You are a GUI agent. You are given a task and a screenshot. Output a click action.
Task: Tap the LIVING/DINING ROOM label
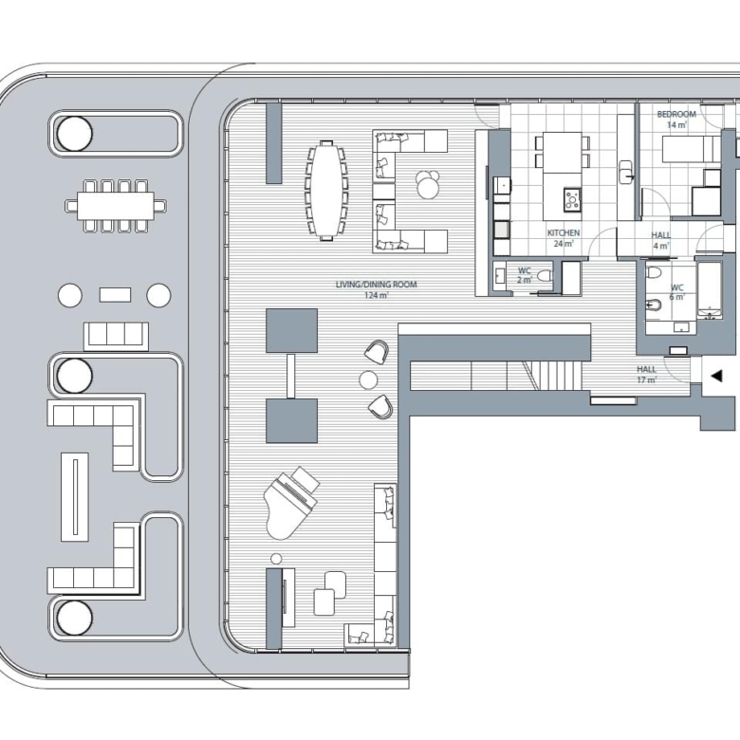coord(376,285)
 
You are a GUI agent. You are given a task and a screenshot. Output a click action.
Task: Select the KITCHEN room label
coord(564,233)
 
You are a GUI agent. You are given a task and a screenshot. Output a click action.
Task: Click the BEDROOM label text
coord(676,114)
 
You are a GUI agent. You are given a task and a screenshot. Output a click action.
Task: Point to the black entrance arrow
coord(717,376)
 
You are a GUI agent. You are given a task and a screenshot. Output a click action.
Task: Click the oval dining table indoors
coord(326,191)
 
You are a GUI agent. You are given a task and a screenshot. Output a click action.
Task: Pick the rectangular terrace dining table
coord(116,206)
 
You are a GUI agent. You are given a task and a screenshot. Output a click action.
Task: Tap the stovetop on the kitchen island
coord(572,198)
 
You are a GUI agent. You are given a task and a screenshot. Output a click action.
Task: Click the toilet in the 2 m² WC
coord(545,276)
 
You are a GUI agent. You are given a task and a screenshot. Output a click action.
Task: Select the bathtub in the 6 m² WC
coord(709,290)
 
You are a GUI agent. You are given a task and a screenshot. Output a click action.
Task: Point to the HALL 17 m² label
coord(647,375)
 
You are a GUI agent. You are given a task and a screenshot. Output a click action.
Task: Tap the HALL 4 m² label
coord(660,241)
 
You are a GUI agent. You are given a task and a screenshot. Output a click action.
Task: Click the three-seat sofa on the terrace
coord(116,336)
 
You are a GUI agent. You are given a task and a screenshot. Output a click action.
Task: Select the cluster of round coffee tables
coord(428,184)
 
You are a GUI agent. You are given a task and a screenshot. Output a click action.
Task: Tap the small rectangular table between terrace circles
coord(115,295)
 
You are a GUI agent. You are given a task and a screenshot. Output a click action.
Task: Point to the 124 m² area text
coord(376,296)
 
